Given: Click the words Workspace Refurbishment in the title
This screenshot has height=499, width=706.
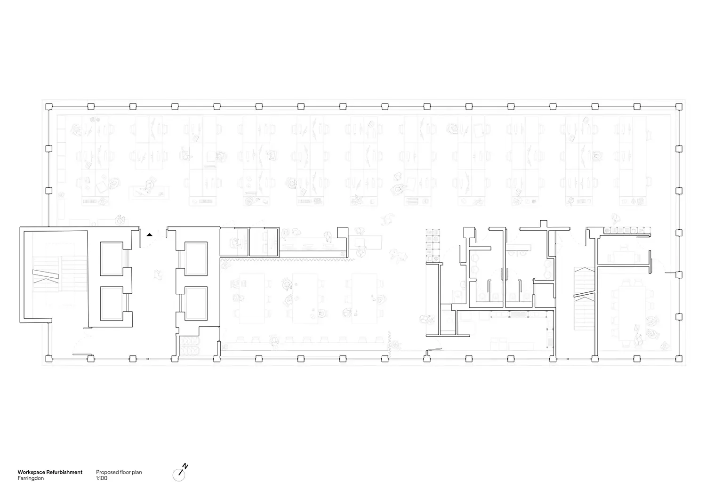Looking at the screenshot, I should (x=50, y=472).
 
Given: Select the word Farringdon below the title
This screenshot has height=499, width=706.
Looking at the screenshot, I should (x=31, y=478).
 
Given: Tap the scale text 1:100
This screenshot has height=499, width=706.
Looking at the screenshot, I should (x=102, y=478).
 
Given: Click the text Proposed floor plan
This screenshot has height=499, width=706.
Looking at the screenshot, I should (x=119, y=472).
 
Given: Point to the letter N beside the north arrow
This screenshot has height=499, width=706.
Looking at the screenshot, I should (x=185, y=466).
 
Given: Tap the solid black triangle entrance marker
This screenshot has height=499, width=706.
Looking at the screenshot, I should (x=149, y=234).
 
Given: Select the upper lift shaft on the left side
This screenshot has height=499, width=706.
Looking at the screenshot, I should (x=111, y=258).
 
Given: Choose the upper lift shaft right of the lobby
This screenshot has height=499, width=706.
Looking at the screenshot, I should (x=195, y=258).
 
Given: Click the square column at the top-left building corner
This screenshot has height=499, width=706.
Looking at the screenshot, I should (x=48, y=106).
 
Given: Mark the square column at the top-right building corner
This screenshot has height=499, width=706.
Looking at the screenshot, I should (x=679, y=106).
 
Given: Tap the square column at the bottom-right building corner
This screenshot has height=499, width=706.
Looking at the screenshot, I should (x=679, y=359).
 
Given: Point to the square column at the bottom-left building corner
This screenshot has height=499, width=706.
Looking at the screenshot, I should (x=48, y=359).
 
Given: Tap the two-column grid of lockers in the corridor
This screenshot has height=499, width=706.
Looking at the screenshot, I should (x=432, y=245).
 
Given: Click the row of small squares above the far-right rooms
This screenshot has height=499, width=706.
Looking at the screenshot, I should (x=627, y=231).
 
